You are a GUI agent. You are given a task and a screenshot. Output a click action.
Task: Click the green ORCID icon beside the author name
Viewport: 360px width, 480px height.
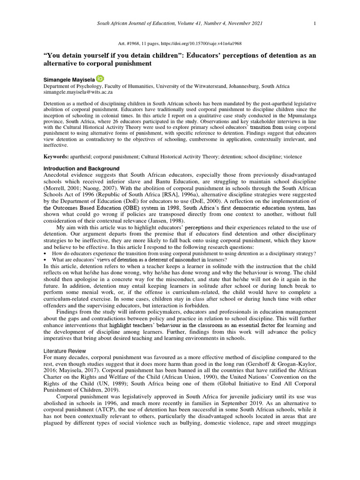click(100, 79)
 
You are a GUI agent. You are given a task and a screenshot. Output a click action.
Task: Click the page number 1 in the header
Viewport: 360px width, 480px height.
click(315, 23)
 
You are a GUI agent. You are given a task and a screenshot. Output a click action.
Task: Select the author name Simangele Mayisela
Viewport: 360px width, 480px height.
click(69, 80)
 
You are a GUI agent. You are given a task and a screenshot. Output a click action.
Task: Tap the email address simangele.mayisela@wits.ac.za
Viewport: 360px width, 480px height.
click(78, 92)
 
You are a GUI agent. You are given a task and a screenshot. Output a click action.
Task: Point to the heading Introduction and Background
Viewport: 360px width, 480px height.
click(82, 168)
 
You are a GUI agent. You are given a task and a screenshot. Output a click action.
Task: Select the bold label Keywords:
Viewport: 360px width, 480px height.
click(56, 156)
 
